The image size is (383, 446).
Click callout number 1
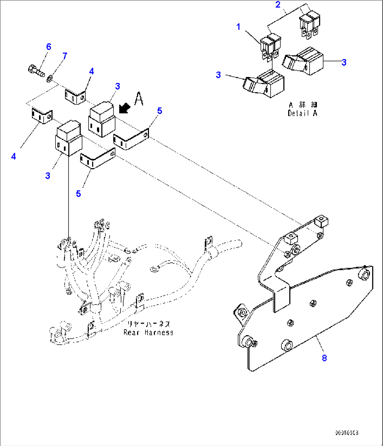[238, 27]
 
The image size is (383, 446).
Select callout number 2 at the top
[278, 5]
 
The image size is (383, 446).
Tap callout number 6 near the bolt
[48, 46]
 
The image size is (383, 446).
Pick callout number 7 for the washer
[65, 56]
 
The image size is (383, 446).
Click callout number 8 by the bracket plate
[324, 358]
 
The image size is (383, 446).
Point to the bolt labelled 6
[35, 70]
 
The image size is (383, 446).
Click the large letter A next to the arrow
[139, 99]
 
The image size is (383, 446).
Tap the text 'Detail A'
[302, 113]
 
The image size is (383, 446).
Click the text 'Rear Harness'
[148, 332]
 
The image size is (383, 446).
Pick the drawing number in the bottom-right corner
[346, 433]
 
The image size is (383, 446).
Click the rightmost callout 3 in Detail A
[344, 62]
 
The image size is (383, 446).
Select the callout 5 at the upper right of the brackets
[160, 111]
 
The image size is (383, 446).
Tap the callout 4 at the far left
[13, 156]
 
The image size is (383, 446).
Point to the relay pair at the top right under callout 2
[309, 25]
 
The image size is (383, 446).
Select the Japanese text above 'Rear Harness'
[148, 324]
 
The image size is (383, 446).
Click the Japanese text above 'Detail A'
[303, 105]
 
